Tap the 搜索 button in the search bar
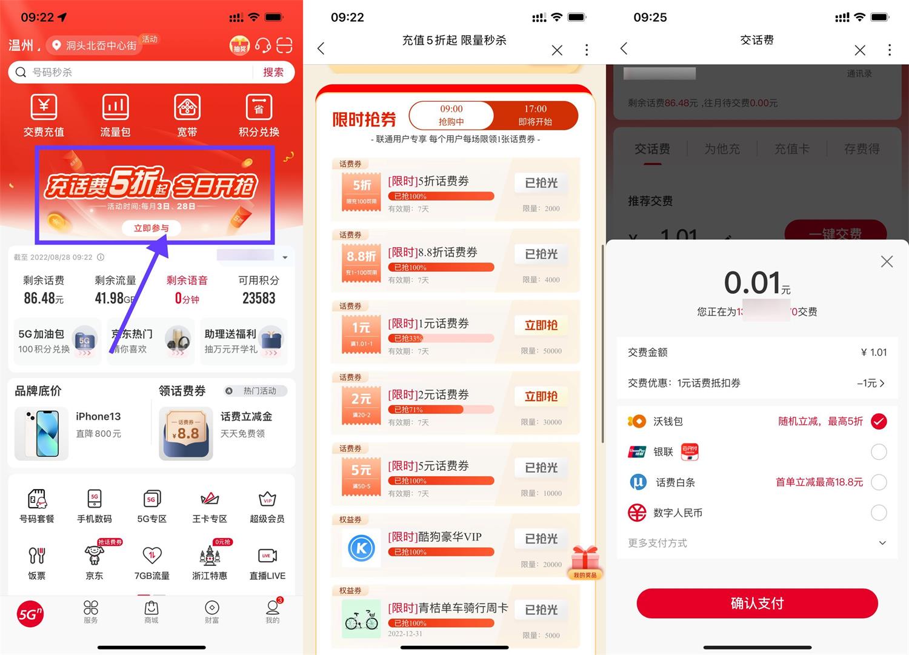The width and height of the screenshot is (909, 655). pyautogui.click(x=273, y=72)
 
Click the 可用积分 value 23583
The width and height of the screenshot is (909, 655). pyautogui.click(x=259, y=298)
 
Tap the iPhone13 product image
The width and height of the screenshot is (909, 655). pyautogui.click(x=41, y=433)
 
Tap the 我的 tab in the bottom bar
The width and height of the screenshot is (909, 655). pyautogui.click(x=273, y=611)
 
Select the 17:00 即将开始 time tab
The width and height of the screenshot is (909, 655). pyautogui.click(x=535, y=115)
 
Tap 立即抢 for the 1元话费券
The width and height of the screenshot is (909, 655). pyautogui.click(x=541, y=325)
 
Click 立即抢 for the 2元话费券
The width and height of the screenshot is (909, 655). pyautogui.click(x=541, y=396)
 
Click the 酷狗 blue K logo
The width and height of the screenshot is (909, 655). pyautogui.click(x=361, y=548)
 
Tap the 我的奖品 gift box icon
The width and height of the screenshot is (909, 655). pyautogui.click(x=585, y=560)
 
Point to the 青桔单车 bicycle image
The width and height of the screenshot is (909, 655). pyautogui.click(x=361, y=619)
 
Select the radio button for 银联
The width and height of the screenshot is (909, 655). pyautogui.click(x=879, y=451)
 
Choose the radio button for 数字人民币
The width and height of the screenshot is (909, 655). pyautogui.click(x=879, y=513)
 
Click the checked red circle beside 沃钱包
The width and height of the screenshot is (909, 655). pyautogui.click(x=879, y=421)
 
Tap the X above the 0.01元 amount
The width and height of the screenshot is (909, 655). pyautogui.click(x=887, y=262)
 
